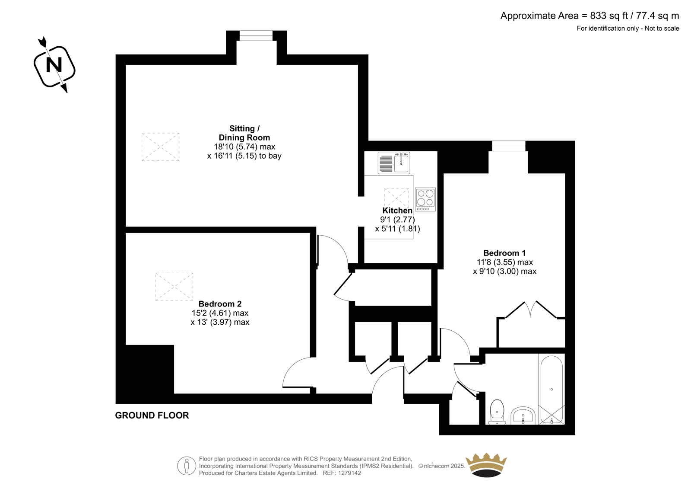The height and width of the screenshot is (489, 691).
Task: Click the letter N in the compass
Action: (x=54, y=65)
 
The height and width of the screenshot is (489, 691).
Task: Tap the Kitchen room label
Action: (x=397, y=211)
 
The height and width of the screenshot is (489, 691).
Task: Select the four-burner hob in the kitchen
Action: (x=425, y=200)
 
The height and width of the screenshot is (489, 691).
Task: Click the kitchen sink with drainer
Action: (x=394, y=163)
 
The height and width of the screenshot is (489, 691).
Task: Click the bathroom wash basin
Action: (x=523, y=415)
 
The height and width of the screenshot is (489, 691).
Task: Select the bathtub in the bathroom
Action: (x=552, y=390)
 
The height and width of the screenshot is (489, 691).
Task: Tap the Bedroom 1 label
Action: (x=504, y=253)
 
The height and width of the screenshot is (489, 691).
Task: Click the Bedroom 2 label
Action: (x=220, y=304)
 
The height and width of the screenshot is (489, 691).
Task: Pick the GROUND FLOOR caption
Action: (x=152, y=415)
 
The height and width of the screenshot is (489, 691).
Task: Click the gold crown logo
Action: (x=486, y=465)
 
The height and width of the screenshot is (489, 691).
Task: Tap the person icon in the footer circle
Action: (x=186, y=466)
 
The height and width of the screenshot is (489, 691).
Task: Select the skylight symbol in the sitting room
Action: (x=160, y=147)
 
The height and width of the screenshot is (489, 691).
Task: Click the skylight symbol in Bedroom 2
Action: (x=174, y=287)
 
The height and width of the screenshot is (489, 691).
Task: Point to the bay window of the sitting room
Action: (x=256, y=35)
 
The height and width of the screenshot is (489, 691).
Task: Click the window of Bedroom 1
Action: (x=509, y=146)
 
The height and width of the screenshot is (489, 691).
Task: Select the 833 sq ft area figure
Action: (x=609, y=16)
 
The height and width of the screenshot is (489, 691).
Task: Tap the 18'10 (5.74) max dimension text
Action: (x=244, y=147)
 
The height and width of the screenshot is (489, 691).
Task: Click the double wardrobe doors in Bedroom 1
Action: (x=531, y=310)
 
